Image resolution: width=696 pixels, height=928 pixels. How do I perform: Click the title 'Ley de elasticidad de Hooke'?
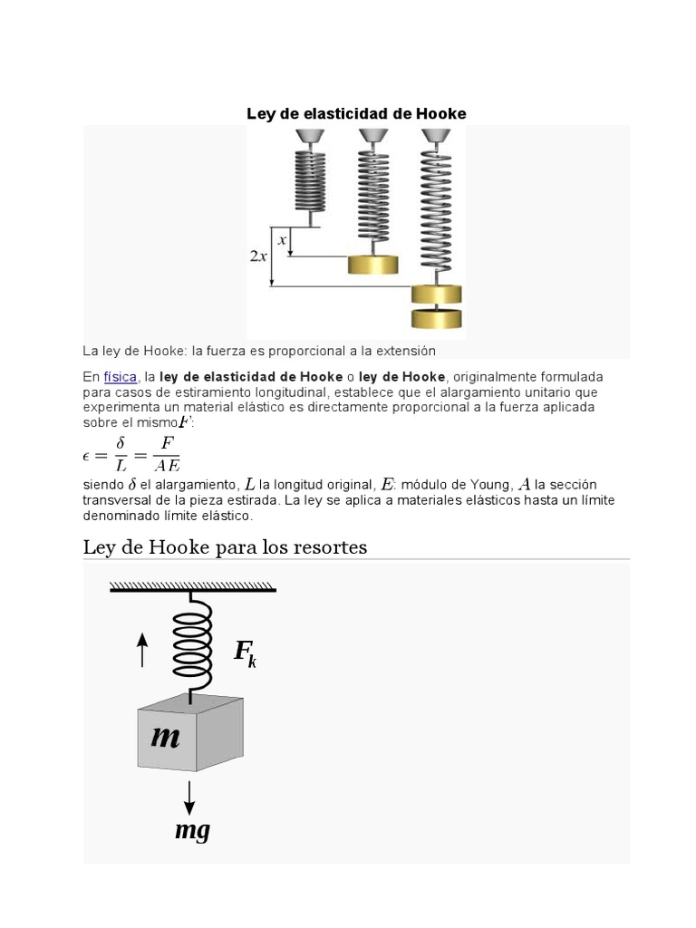pos(356,114)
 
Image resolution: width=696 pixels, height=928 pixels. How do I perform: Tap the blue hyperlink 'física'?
pos(120,377)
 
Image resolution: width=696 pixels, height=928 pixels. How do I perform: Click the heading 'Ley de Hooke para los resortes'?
pos(225,547)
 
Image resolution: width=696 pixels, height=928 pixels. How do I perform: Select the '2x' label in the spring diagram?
pos(258,256)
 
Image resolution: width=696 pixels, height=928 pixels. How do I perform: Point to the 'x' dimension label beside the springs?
pos(282,240)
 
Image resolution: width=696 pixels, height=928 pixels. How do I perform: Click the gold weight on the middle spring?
pos(372,265)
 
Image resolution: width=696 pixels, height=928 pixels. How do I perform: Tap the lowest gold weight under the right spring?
pos(436,319)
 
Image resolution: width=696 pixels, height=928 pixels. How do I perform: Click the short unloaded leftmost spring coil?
pos(310,179)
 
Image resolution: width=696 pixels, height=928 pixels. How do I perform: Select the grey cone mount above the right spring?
pos(436,135)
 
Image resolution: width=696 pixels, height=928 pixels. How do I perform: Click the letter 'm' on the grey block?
pos(165,737)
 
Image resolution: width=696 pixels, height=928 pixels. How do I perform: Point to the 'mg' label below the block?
pos(192,829)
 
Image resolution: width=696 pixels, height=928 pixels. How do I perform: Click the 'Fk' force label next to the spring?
pos(245,652)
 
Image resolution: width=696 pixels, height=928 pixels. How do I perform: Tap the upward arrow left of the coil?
pos(142,650)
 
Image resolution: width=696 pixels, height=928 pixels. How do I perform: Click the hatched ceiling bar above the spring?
pos(193,586)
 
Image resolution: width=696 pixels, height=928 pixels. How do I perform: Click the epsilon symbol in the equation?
pos(87,455)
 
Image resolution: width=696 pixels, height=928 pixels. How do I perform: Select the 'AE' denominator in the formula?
pos(166,466)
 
